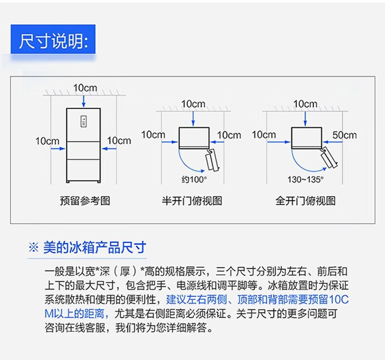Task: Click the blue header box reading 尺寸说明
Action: coord(53,39)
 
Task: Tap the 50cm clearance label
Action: coord(345,135)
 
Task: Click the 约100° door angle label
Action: coord(194,180)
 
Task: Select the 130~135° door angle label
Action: coord(306,180)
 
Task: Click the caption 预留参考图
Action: coord(85,201)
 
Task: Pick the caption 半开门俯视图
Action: coord(192,201)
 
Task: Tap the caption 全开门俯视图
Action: coord(306,201)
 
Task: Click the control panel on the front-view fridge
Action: coord(84,121)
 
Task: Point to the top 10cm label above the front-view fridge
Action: coord(85,88)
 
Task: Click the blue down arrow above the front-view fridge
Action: coord(84,101)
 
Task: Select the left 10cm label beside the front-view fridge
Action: coord(47,141)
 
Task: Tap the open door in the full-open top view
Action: coord(329,158)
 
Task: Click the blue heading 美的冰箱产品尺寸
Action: coord(95,247)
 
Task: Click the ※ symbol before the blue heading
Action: coord(34,247)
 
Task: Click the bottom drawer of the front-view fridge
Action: coord(83,170)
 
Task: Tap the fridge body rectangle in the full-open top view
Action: coord(307,138)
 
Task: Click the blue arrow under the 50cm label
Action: coord(333,142)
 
